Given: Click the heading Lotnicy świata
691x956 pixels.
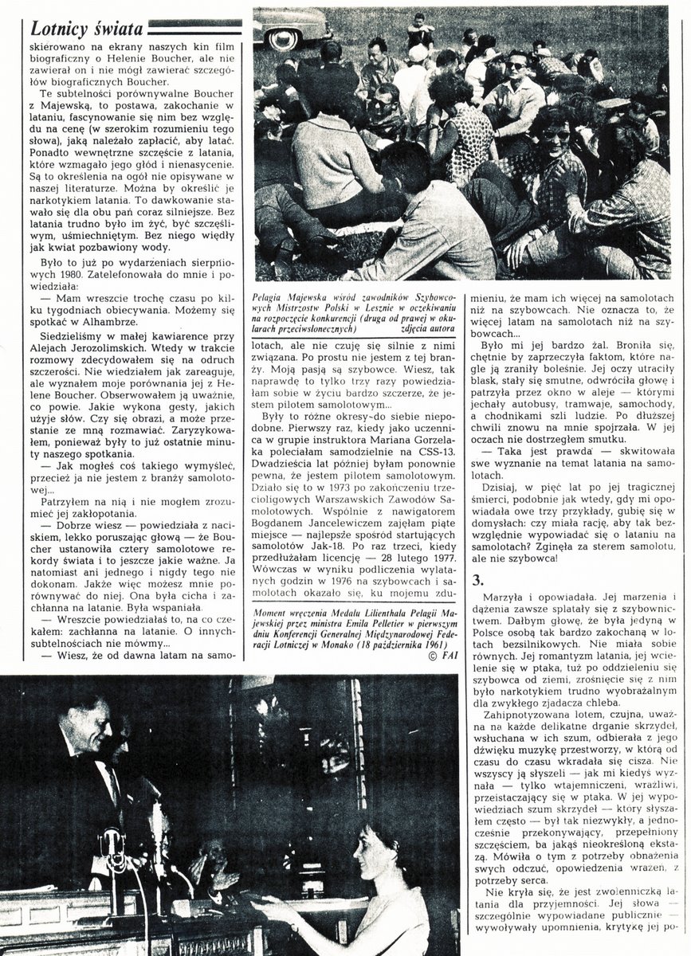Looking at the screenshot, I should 86,29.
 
